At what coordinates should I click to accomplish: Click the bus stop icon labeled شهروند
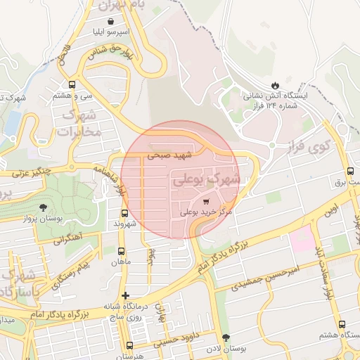[124, 213]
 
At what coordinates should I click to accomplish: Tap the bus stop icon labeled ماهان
[122, 251]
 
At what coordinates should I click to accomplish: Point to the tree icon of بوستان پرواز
[44, 207]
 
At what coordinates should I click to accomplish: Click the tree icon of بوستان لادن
[226, 338]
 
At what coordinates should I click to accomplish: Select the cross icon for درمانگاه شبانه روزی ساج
[125, 295]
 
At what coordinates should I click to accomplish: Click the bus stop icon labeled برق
[350, 172]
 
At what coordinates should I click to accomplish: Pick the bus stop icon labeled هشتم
[342, 324]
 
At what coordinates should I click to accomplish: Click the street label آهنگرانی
[66, 239]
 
